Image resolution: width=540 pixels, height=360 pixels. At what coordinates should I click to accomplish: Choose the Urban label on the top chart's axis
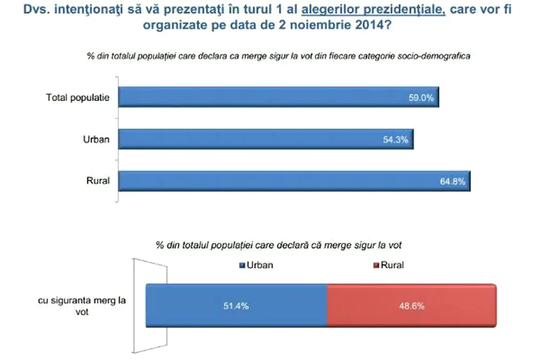pos(96,139)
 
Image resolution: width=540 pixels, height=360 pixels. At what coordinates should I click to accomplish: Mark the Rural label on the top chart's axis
pos(98,181)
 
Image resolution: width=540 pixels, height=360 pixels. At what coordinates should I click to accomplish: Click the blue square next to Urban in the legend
pos(243,265)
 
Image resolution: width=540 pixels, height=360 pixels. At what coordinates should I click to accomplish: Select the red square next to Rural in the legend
pos(376,265)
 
